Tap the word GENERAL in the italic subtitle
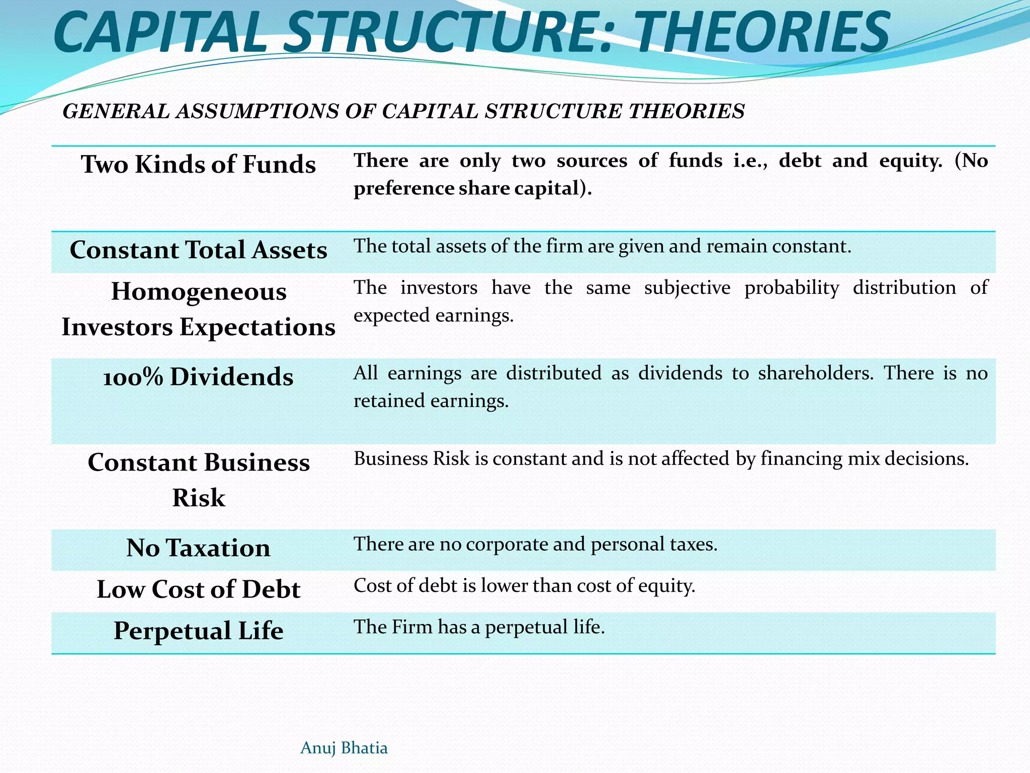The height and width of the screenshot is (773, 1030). coord(116,111)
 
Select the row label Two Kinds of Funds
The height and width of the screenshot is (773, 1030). coord(198,164)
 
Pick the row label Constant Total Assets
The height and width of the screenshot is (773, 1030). coord(198,250)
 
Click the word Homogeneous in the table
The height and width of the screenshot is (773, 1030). coord(198,291)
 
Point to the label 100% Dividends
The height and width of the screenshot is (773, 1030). coord(198,376)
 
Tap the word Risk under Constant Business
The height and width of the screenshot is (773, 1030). coord(198,498)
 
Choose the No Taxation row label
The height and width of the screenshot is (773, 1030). coord(198,548)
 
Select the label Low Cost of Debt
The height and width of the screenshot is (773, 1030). coord(198,589)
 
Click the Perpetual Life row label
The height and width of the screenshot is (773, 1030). coord(198,630)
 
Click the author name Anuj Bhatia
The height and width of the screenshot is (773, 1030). coord(344,748)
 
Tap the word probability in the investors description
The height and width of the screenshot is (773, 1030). coord(792,288)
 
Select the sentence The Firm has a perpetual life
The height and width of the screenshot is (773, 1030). coord(479,627)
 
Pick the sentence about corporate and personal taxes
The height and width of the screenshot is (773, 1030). coord(535,544)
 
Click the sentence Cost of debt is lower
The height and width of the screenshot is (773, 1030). coord(524,586)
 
